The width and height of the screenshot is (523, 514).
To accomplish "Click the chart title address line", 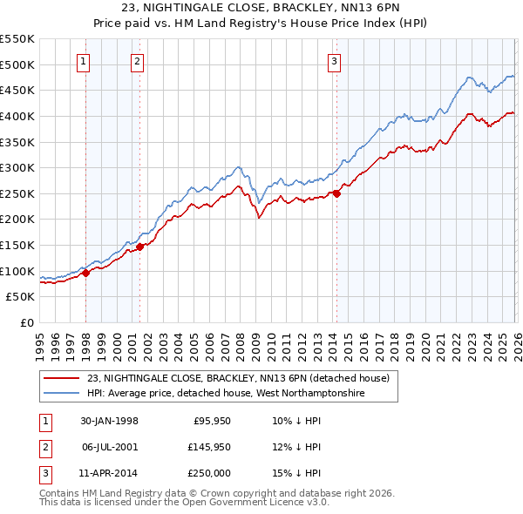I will click(x=261, y=8).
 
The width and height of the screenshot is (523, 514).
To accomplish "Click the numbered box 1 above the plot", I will click(x=83, y=61).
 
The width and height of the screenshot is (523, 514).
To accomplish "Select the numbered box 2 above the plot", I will click(x=138, y=61).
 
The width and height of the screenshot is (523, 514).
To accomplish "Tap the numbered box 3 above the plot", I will click(x=334, y=61).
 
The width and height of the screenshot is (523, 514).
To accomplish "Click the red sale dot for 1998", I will click(x=86, y=273).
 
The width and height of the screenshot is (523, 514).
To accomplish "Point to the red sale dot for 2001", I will click(x=139, y=247).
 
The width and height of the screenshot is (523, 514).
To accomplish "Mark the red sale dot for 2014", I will click(x=336, y=193).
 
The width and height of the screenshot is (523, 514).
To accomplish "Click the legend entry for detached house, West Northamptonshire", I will click(x=225, y=394).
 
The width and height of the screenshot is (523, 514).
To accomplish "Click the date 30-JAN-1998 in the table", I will click(x=109, y=420).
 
